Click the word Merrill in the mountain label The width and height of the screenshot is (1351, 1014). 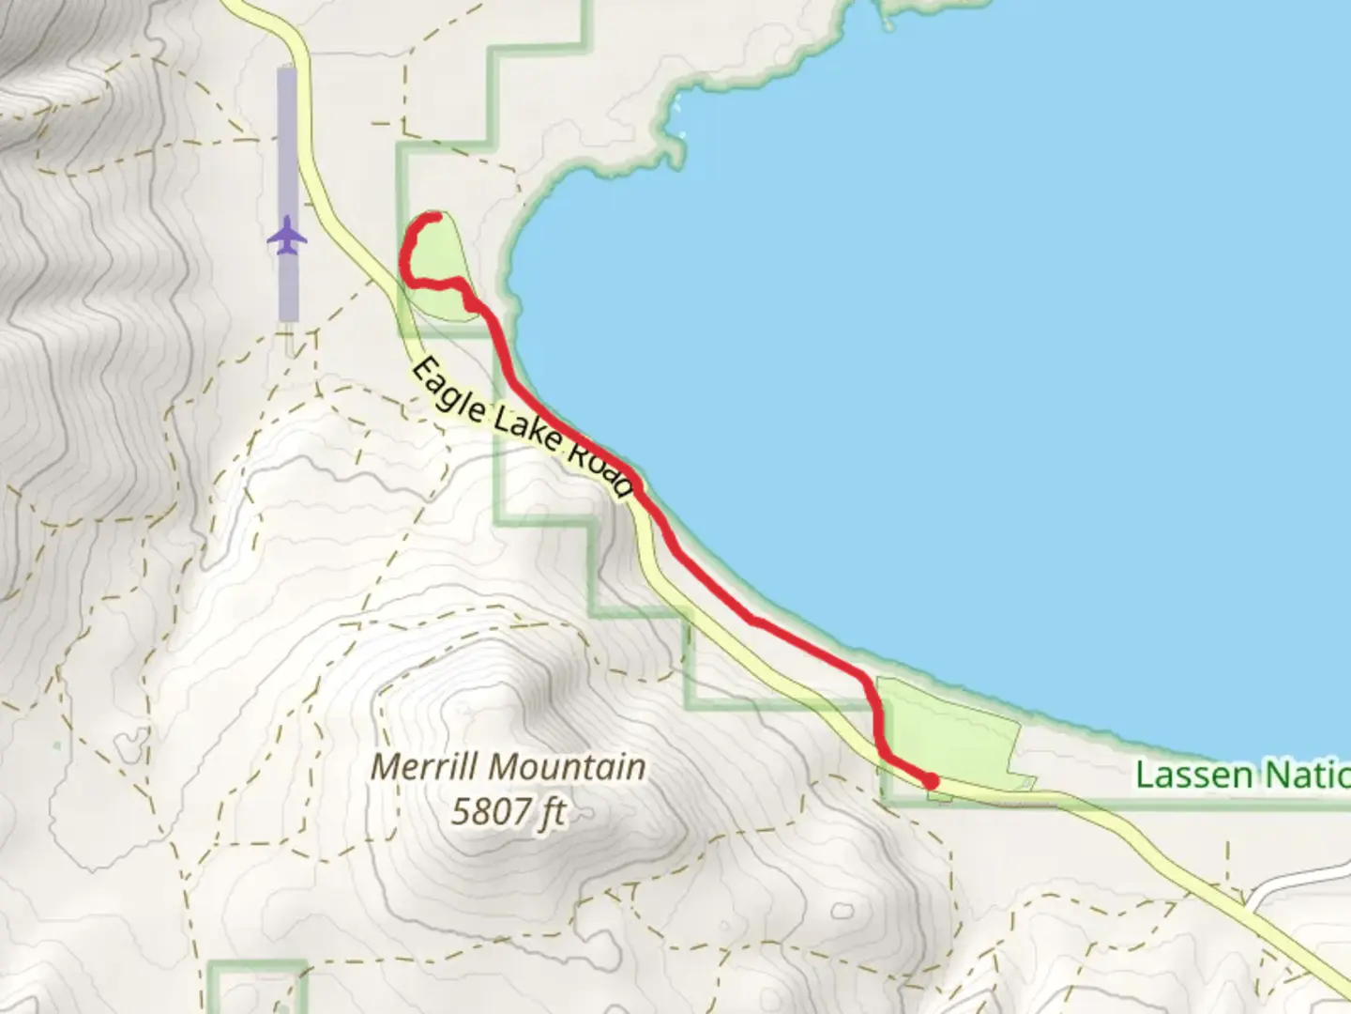tap(419, 767)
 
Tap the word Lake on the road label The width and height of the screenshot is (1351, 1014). tap(528, 431)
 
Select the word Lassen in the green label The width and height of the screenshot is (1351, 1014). tap(1192, 776)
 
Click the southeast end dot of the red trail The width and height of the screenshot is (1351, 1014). tap(930, 780)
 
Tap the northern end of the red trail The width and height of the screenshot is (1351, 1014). tap(435, 218)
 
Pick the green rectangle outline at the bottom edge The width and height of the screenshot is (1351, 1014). tap(257, 964)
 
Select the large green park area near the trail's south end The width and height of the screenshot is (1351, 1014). tap(948, 732)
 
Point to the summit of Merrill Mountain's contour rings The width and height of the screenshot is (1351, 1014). tap(488, 695)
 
